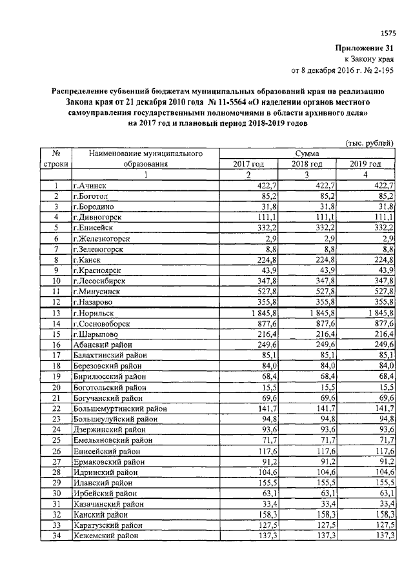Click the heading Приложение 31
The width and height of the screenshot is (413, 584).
pos(364,48)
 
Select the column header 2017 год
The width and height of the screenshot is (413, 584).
pos(248,165)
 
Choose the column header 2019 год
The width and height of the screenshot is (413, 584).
pos(366,165)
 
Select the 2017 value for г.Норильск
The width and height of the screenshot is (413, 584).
pos(259,312)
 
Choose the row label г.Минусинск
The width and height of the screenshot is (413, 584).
pos(97,291)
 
